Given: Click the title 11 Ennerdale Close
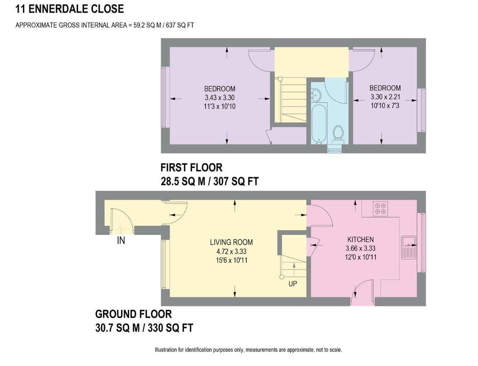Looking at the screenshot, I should pos(70,9).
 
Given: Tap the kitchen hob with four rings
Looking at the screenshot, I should pos(381,209).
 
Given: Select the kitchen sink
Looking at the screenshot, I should pos(408,248).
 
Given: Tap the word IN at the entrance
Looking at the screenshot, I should pos(121,241).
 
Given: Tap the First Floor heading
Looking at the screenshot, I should pos(191,167).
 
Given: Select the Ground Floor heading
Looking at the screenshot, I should pos(133,314).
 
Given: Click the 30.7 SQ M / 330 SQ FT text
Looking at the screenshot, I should pos(144,328).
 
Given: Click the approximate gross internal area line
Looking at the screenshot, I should pos(105,25).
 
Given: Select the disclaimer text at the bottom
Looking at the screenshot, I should pos(248,350).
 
